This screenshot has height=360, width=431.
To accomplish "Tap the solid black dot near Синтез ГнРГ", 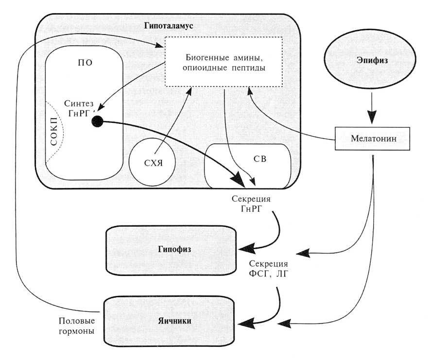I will (x=97, y=122).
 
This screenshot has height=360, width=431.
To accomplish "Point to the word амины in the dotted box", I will (x=244, y=55).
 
